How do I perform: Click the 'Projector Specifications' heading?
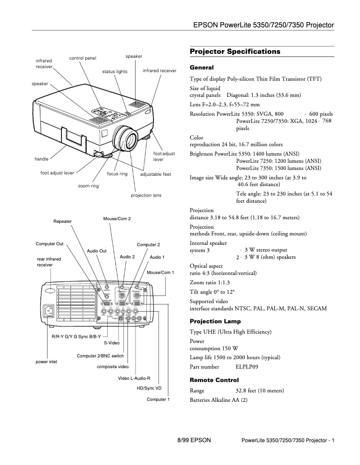pyautogui.click(x=235, y=52)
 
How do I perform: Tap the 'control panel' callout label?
pyautogui.click(x=83, y=58)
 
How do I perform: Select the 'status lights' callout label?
pyautogui.click(x=114, y=71)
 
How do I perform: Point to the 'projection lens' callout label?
pyautogui.click(x=146, y=196)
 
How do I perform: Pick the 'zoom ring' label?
pyautogui.click(x=88, y=186)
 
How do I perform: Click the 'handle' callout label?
pyautogui.click(x=41, y=159)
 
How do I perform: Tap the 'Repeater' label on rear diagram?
pyautogui.click(x=62, y=222)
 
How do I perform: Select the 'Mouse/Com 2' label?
pyautogui.click(x=117, y=218)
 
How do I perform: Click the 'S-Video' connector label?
pyautogui.click(x=112, y=343)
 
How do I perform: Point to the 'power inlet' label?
pyautogui.click(x=46, y=361)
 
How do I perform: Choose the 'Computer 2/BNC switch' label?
pyautogui.click(x=100, y=356)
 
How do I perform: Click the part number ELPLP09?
pyautogui.click(x=247, y=366)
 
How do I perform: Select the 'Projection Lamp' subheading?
pyautogui.click(x=215, y=321)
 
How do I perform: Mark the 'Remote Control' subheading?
pyautogui.click(x=214, y=380)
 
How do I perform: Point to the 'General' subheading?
pyautogui.click(x=202, y=68)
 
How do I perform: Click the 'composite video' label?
pyautogui.click(x=113, y=367)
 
